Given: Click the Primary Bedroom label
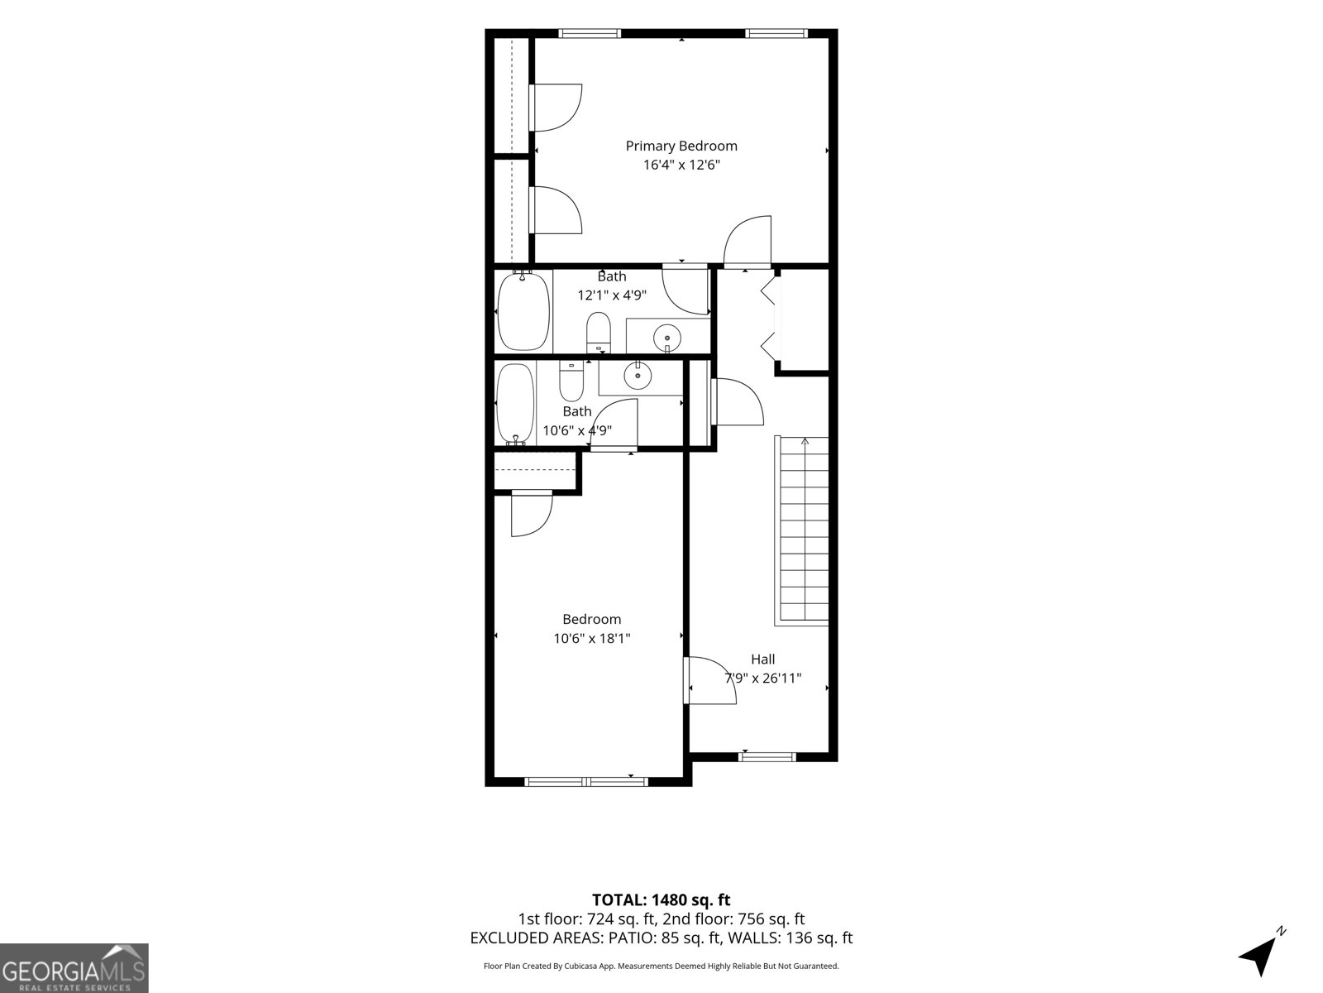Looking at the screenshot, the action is point(681,146).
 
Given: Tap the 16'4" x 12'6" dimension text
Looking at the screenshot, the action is point(681,165).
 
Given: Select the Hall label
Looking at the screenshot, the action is point(762,659).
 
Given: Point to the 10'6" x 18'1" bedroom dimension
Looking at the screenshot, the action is point(592,638).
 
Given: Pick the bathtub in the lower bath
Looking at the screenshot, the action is point(515,404).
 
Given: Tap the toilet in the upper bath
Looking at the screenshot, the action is point(599,333).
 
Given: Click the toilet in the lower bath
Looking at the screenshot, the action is point(571,381).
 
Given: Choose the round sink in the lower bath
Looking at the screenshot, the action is point(638,375).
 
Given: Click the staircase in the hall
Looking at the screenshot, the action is point(801,530).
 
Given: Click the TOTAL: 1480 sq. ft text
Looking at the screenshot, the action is point(661,900).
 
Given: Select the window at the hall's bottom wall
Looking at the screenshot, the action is point(767,757).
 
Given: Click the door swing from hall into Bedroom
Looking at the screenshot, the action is point(710,680).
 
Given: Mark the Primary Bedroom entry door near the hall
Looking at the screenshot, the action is point(747,241).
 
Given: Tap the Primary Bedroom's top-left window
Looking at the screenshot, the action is point(590,33).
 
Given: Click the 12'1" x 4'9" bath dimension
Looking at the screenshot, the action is point(612,295).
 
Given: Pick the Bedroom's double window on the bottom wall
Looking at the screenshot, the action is point(586,782).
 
